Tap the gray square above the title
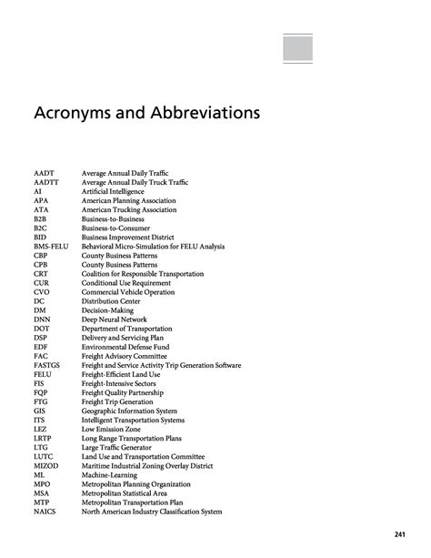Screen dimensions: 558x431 click(297, 49)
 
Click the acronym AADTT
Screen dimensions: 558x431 click(47, 182)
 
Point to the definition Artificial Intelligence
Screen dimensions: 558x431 click(119, 191)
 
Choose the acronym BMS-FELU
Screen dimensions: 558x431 click(53, 246)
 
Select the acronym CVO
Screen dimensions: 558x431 click(43, 291)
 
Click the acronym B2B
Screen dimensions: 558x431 click(41, 218)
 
